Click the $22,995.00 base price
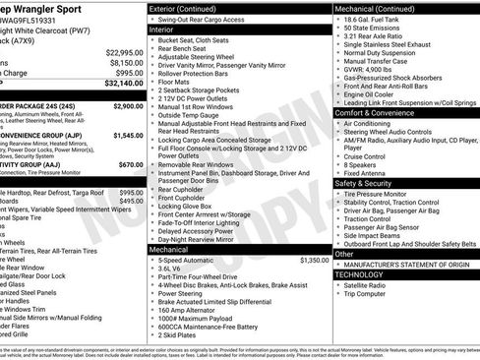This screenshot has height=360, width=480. tap(125, 51)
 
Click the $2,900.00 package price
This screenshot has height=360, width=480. tap(128, 105)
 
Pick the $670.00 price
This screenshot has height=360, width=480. tap(131, 164)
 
